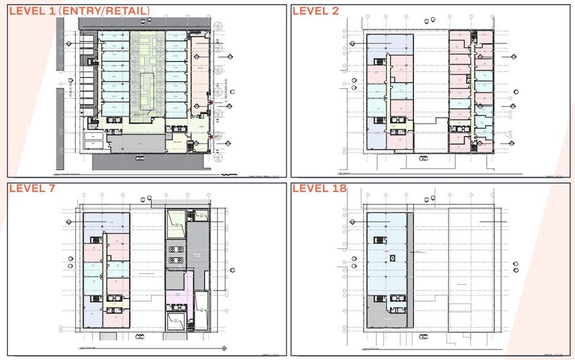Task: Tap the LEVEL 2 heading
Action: pyautogui.click(x=316, y=10)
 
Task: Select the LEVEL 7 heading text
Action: pyautogui.click(x=32, y=188)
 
